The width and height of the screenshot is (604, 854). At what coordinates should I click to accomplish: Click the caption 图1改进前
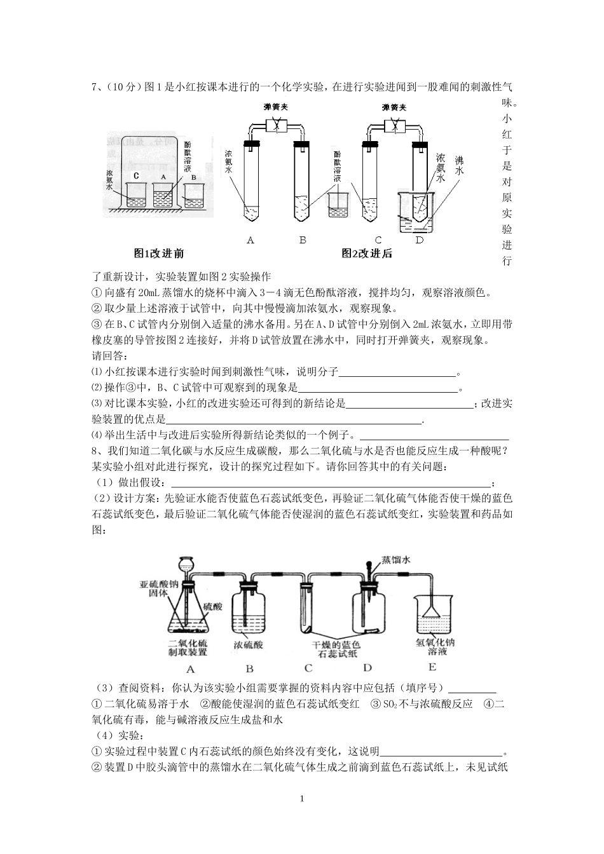pos(158,254)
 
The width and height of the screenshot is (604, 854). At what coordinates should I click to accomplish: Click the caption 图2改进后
pos(366,254)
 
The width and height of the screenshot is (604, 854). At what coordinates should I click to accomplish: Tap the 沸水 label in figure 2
pos(459,166)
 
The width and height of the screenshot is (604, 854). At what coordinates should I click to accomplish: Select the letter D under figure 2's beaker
pos(419,240)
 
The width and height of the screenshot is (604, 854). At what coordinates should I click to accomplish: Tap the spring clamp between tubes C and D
pos(394,126)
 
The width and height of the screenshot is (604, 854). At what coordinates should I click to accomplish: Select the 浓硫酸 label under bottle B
pos(248,644)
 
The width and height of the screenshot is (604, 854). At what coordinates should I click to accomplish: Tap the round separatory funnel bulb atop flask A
pos(187,563)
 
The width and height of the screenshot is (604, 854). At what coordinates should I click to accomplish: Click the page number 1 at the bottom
pos(302,798)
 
